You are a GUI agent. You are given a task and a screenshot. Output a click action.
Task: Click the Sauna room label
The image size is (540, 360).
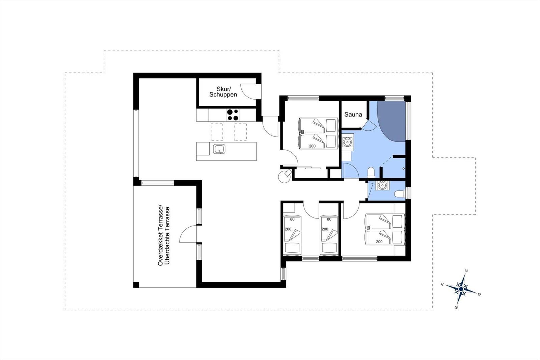[353, 114]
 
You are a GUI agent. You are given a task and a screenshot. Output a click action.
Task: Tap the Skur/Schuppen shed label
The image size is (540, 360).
[223, 92]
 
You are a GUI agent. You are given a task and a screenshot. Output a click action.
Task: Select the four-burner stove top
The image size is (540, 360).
[233, 115]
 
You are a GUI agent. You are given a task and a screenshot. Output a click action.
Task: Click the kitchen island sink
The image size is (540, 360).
[219, 149]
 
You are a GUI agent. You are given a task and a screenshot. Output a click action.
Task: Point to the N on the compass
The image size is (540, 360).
[466, 271]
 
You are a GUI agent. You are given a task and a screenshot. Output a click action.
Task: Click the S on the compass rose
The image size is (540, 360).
[456, 307]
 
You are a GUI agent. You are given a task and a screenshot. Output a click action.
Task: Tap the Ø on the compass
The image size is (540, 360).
[479, 294]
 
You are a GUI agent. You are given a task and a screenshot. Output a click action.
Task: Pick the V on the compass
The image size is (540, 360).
[442, 284]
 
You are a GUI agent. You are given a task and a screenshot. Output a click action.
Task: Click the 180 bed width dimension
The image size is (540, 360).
[302, 133]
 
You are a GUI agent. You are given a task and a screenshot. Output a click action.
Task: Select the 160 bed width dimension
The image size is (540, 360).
[368, 229]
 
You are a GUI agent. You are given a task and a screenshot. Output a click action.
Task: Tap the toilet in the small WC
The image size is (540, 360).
[400, 194]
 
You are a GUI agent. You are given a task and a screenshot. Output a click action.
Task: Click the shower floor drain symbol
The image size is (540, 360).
[404, 169]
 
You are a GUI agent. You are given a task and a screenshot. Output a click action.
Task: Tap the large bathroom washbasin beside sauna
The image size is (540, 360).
[347, 142]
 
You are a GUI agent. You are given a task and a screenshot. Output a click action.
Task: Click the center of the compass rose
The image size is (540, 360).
[461, 289]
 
